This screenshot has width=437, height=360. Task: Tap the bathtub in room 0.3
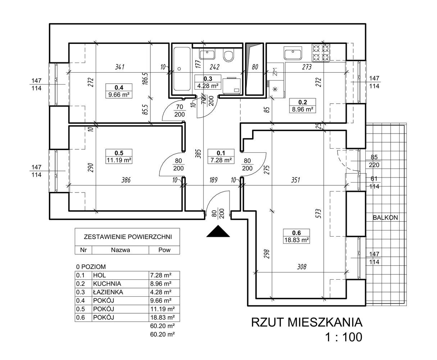182,69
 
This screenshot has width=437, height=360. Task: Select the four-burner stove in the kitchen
320,53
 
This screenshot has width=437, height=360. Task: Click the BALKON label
385,217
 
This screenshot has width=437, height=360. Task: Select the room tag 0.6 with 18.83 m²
296,236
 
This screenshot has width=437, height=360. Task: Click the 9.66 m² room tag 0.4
119,91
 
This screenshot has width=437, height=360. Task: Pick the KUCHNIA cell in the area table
107,283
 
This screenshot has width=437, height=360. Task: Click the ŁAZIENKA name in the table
108,292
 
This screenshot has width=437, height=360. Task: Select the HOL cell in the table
100,275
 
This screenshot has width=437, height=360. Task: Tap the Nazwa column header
120,250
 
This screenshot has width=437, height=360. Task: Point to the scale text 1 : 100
344,337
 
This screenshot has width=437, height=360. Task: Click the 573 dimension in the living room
319,213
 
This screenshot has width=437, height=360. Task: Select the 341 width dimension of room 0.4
120,67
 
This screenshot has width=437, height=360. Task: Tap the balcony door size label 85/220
374,161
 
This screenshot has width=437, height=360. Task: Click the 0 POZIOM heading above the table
91,267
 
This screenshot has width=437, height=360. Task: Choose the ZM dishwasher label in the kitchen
275,72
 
